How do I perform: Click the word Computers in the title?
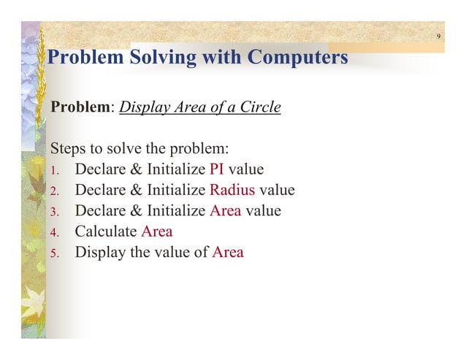pos(297,57)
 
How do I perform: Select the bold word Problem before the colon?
pos(79,107)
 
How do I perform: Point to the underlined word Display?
pos(143,107)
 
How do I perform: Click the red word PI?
pos(217,170)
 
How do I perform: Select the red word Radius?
pos(232,191)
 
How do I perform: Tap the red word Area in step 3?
pos(225,211)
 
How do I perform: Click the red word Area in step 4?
pos(156,232)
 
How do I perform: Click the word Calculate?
pos(106,232)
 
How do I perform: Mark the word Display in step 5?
pos(99,253)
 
